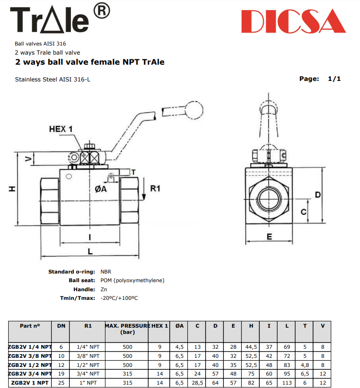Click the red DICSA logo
click(293, 22)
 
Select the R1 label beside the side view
click(155, 189)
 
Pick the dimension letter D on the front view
click(317, 194)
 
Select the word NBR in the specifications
click(106, 272)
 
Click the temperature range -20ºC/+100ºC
click(119, 297)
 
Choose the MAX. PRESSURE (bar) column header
click(128, 329)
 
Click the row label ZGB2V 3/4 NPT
click(30, 374)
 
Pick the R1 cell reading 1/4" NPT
click(88, 346)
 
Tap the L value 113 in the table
click(287, 383)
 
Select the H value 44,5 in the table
click(251, 346)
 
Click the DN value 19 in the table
click(61, 374)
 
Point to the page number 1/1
click(334, 79)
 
